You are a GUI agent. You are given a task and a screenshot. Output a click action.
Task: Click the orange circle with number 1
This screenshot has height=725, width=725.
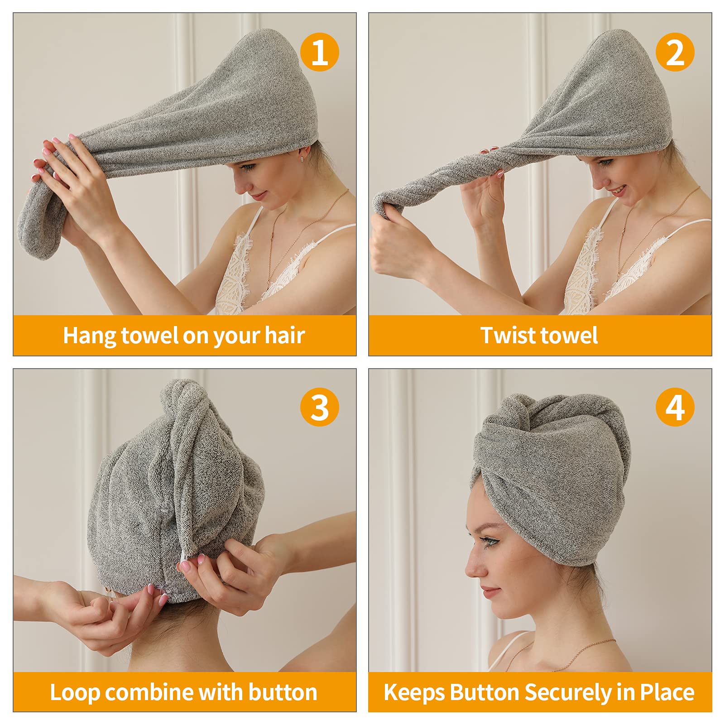319,52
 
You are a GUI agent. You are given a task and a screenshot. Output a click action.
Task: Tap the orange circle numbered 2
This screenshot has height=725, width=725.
675,52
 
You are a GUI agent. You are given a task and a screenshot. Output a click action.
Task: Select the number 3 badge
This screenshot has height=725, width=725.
319,407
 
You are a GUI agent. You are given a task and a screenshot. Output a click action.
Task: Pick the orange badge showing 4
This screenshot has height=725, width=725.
675,407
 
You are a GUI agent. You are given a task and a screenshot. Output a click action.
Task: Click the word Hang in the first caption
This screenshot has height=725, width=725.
89,336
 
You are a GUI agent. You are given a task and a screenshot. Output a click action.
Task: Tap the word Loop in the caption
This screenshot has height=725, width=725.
74,692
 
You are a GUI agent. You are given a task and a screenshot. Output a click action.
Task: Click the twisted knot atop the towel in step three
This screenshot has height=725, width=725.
181,399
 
